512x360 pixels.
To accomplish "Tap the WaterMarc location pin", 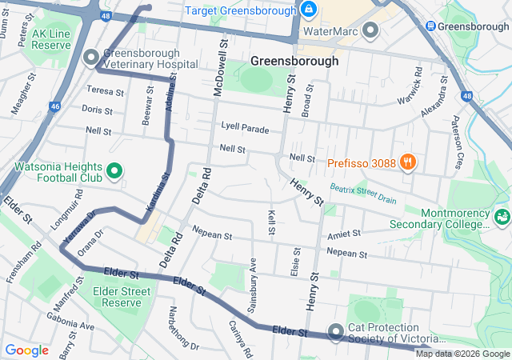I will click(x=370, y=31).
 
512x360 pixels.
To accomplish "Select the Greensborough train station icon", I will click(x=431, y=26).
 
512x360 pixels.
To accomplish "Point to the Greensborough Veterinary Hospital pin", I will click(x=90, y=57).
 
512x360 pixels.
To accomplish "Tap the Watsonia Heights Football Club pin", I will click(x=114, y=170).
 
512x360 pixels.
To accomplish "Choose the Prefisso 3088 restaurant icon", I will click(x=408, y=162).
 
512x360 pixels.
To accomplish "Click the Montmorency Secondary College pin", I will click(x=502, y=216).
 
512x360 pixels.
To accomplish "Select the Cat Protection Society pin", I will click(x=334, y=330).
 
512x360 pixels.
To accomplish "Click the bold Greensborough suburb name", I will click(x=294, y=61).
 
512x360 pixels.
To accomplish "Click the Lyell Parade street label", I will click(x=246, y=128).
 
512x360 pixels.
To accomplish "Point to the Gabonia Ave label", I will click(x=70, y=326).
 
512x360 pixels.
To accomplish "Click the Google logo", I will click(x=27, y=350).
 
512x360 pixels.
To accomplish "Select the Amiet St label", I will click(x=344, y=234).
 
